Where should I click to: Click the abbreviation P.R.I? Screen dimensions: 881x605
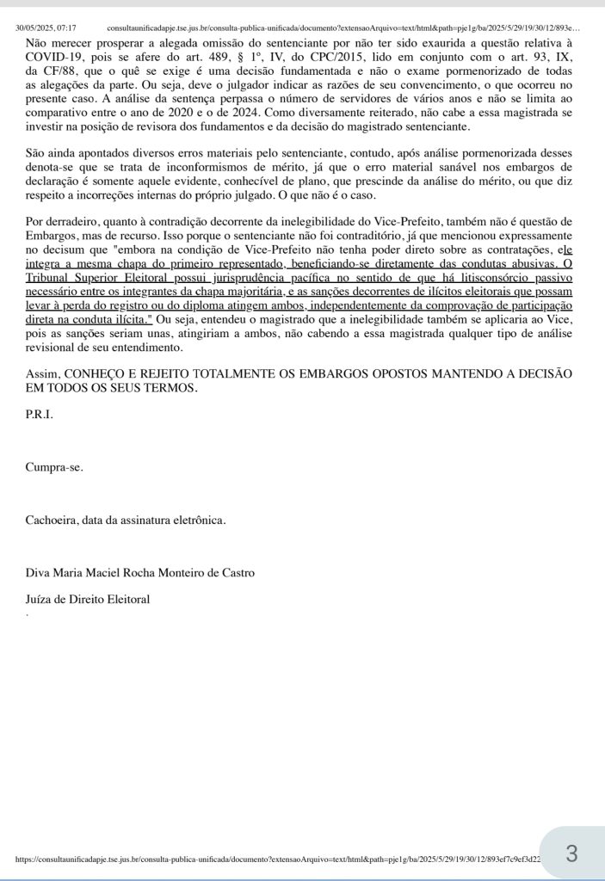(x=39, y=415)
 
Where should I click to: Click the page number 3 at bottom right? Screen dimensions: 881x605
(x=571, y=853)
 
